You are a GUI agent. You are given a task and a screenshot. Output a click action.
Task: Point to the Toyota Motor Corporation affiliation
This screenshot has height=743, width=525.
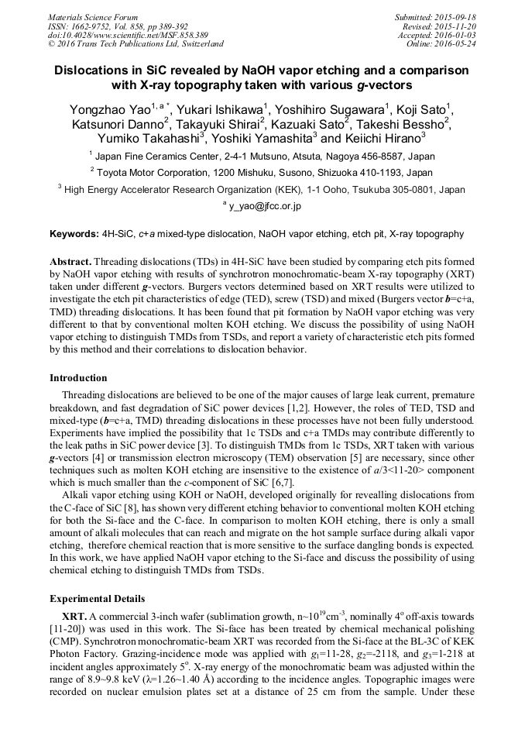tap(262, 172)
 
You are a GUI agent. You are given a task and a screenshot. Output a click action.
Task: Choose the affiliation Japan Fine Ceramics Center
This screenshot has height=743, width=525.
tap(262, 156)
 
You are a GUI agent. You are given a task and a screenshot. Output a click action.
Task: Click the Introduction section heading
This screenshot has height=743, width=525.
tap(78, 378)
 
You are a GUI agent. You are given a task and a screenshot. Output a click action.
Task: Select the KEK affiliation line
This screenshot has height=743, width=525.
tap(262, 189)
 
